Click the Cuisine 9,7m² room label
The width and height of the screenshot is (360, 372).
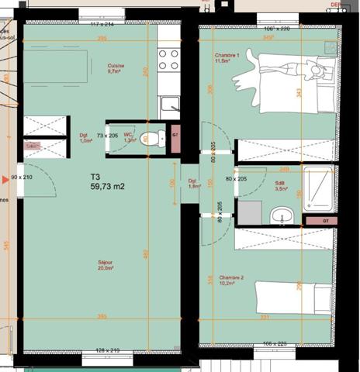(116, 68)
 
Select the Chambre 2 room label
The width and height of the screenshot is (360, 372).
(230, 280)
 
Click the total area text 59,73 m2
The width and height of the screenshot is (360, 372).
(107, 186)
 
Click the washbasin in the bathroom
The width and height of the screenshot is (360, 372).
(280, 214)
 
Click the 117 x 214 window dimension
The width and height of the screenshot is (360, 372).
(102, 25)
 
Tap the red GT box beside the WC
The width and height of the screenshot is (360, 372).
(175, 135)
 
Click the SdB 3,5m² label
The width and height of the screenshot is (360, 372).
(282, 186)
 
